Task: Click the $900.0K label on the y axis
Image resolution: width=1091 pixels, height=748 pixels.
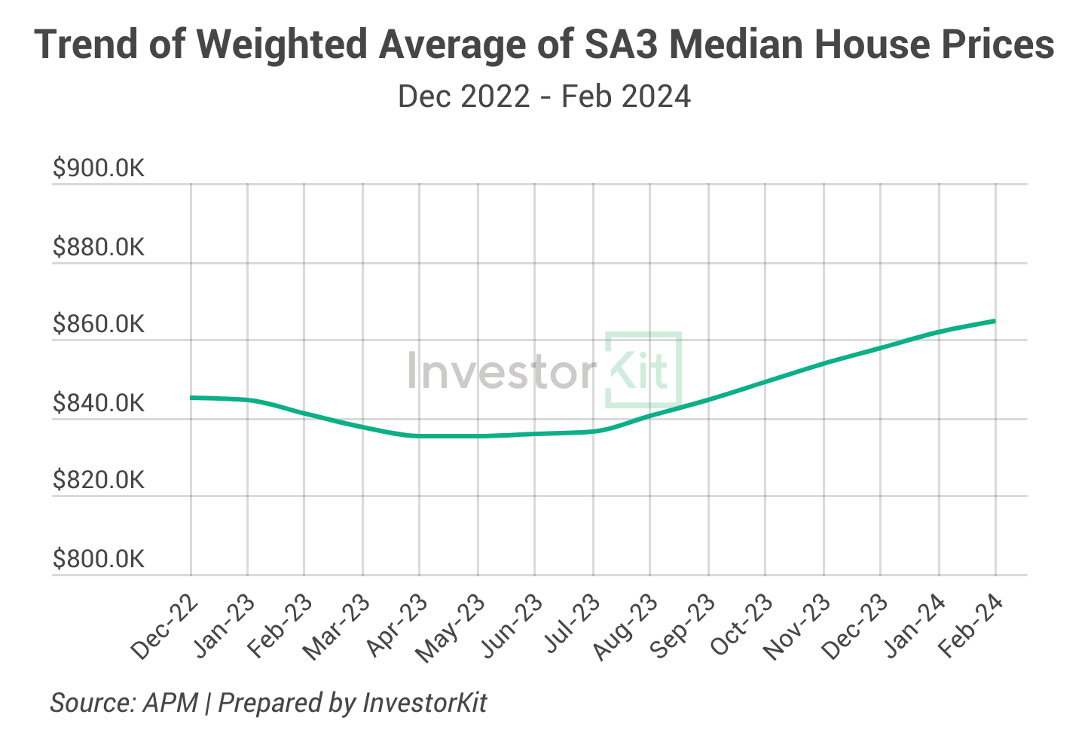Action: coord(98,169)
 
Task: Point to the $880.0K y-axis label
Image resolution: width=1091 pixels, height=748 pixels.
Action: coord(98,247)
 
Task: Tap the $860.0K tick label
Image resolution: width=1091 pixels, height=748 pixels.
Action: coord(98,325)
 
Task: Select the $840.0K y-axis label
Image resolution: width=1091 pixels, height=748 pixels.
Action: coord(98,404)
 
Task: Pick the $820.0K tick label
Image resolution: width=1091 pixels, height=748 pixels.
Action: coord(98,481)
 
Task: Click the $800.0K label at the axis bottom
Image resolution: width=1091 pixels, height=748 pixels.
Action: coord(98,560)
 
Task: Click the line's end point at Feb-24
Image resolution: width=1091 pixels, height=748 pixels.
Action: coord(995,321)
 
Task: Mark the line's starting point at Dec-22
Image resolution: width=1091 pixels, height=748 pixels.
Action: coord(191,397)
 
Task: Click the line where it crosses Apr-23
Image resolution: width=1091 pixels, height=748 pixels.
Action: coord(420,435)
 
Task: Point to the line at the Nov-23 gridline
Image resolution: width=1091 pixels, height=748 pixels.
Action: coord(824,363)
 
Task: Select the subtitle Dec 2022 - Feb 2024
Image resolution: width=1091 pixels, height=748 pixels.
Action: coord(544,97)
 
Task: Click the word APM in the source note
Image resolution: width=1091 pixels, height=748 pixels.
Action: coord(171,703)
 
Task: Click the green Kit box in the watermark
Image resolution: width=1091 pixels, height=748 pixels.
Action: coord(643,369)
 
